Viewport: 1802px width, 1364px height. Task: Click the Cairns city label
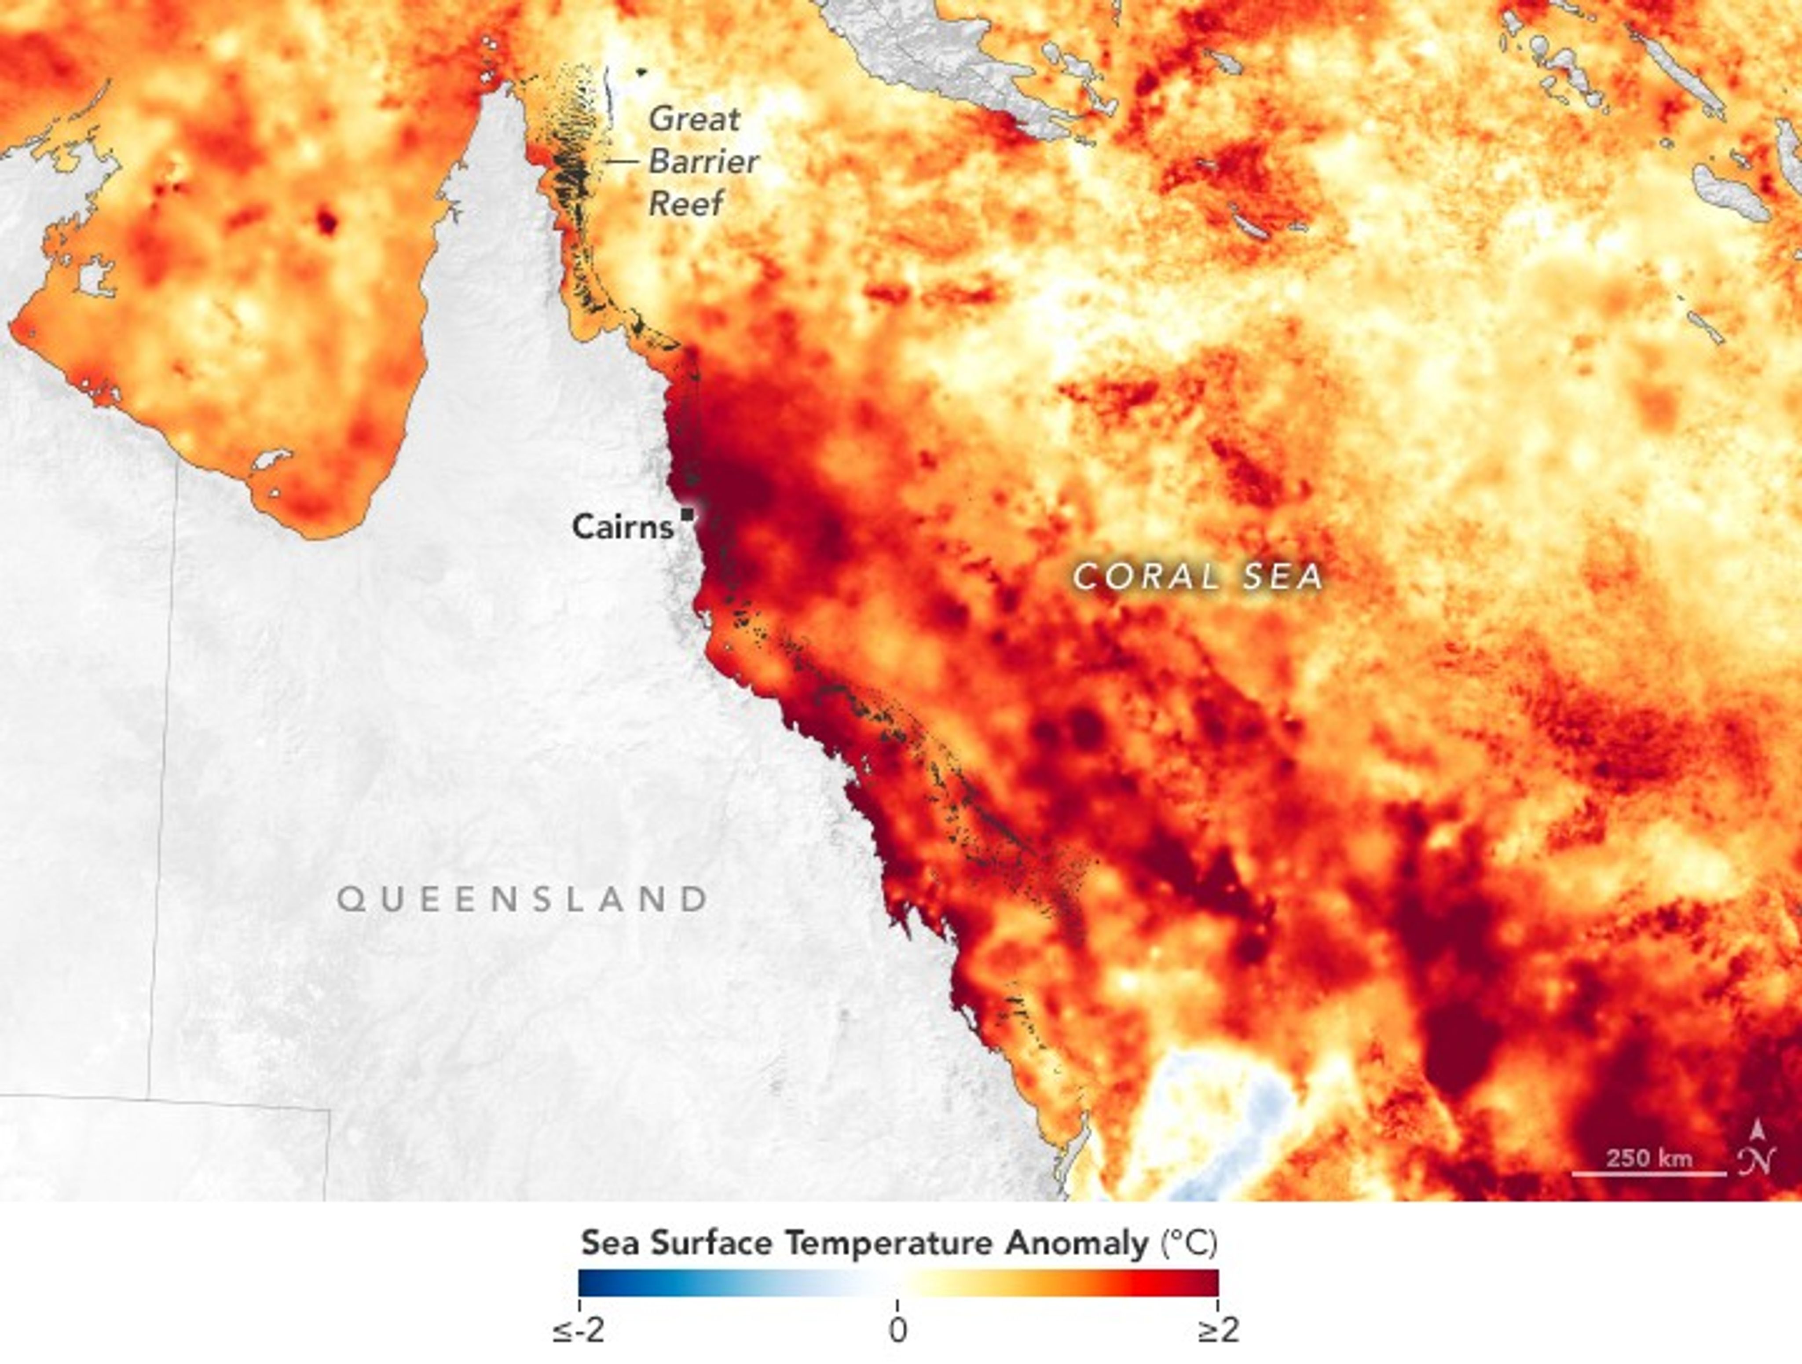coord(623,526)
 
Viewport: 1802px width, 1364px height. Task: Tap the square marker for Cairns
coord(689,514)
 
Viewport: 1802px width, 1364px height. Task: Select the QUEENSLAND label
coord(522,899)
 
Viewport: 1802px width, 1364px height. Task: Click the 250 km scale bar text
coord(1649,1158)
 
